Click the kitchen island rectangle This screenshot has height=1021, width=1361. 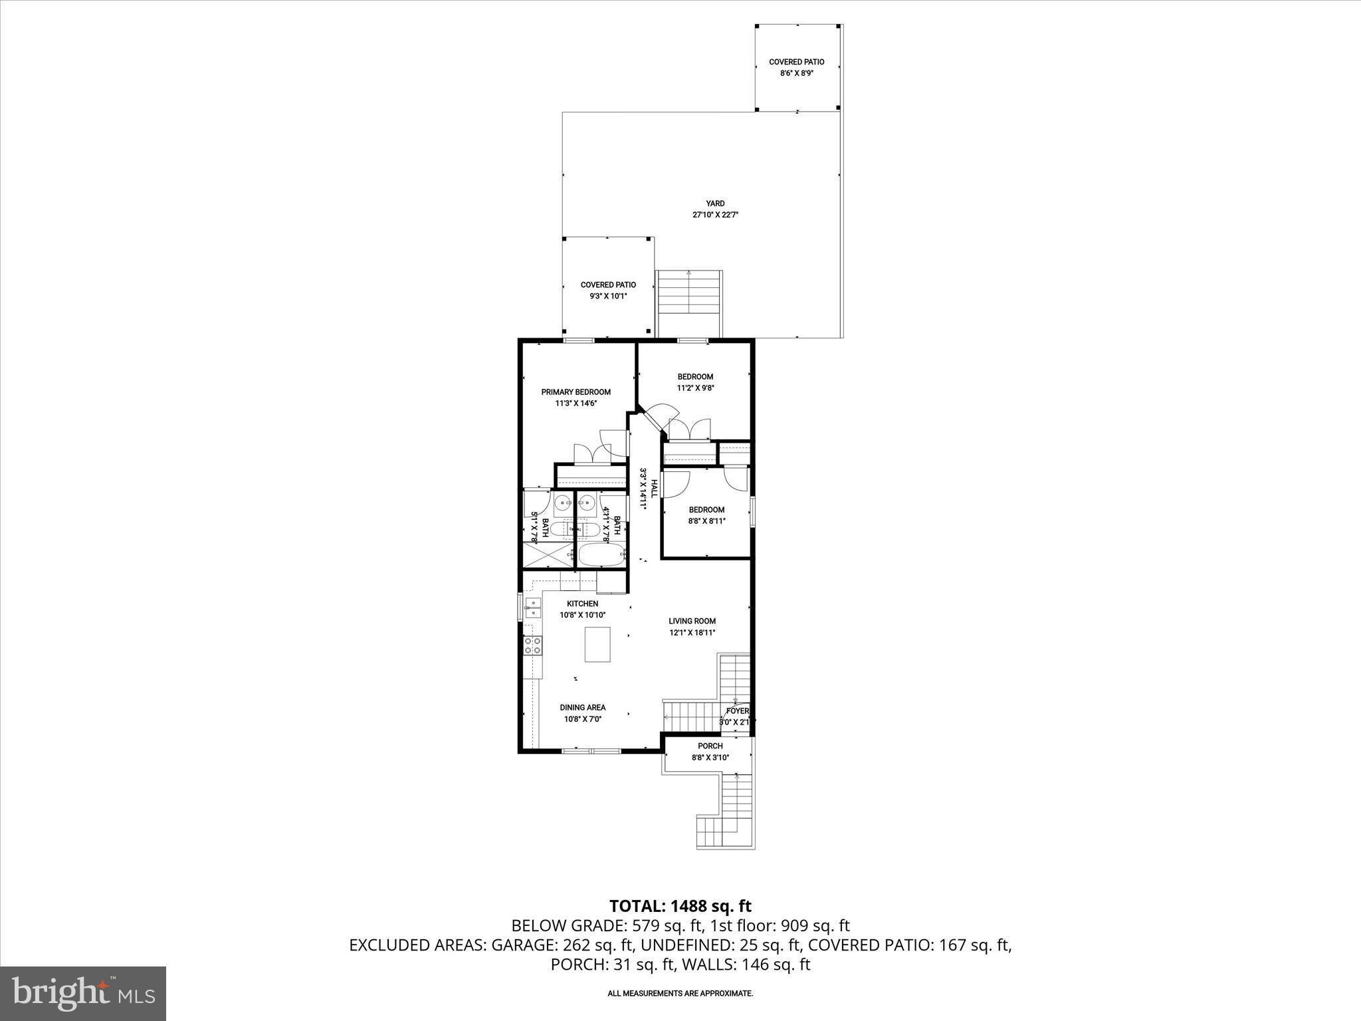point(597,644)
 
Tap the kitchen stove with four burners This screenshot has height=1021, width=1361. point(533,644)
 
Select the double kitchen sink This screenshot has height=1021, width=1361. point(533,607)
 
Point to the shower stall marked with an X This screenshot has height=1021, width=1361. point(546,555)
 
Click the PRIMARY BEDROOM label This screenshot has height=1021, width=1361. point(576,392)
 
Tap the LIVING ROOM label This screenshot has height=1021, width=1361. point(692,621)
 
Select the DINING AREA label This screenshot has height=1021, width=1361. point(582,707)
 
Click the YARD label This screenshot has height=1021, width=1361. point(715,203)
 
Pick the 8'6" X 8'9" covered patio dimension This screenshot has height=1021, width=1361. point(797,73)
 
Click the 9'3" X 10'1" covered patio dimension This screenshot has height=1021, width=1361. point(608,296)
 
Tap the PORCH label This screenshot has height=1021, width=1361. point(710,746)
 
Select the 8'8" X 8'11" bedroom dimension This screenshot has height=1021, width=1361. point(706,521)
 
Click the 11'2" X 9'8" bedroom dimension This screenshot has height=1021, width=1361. point(695,388)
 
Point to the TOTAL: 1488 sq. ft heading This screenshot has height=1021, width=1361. point(680,905)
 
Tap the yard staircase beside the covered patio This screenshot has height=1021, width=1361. point(689,302)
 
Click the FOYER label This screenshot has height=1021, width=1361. point(737,711)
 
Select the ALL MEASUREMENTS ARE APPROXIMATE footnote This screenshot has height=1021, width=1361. point(680,993)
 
